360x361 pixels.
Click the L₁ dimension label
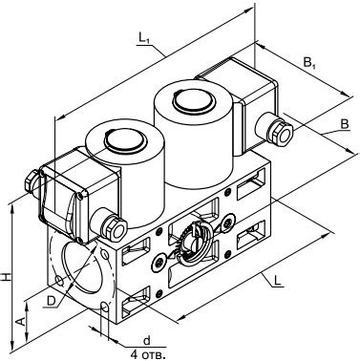[x=144, y=38]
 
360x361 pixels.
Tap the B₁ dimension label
[x=309, y=64]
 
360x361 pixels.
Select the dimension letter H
[x=6, y=277]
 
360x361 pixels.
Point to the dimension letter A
[x=20, y=322]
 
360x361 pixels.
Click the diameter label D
[x=51, y=301]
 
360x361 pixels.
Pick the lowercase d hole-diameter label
[x=146, y=341]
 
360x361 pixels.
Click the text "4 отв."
[x=149, y=354]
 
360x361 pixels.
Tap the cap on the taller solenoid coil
[x=193, y=100]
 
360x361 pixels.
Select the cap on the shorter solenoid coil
[x=125, y=140]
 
